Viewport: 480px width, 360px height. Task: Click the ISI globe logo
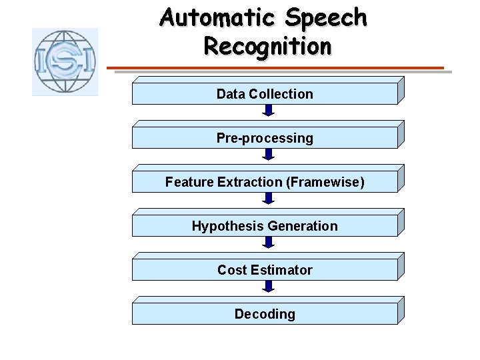click(65, 62)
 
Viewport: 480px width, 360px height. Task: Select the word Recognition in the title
click(267, 46)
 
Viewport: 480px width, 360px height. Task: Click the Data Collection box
click(265, 94)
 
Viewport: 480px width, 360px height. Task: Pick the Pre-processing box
click(265, 138)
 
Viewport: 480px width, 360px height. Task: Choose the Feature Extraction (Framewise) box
click(265, 182)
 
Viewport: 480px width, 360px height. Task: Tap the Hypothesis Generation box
click(265, 226)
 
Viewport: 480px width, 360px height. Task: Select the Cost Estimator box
click(265, 270)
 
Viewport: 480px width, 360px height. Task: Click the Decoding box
click(265, 314)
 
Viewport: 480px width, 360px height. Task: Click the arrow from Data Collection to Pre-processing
click(268, 111)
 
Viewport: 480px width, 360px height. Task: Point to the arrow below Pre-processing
click(268, 155)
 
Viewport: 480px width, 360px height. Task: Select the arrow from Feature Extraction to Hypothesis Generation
click(268, 199)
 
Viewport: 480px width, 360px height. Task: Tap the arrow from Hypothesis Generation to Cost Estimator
click(268, 243)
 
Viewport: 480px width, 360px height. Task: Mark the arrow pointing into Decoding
click(268, 287)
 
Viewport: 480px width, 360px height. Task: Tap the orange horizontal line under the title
click(276, 67)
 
